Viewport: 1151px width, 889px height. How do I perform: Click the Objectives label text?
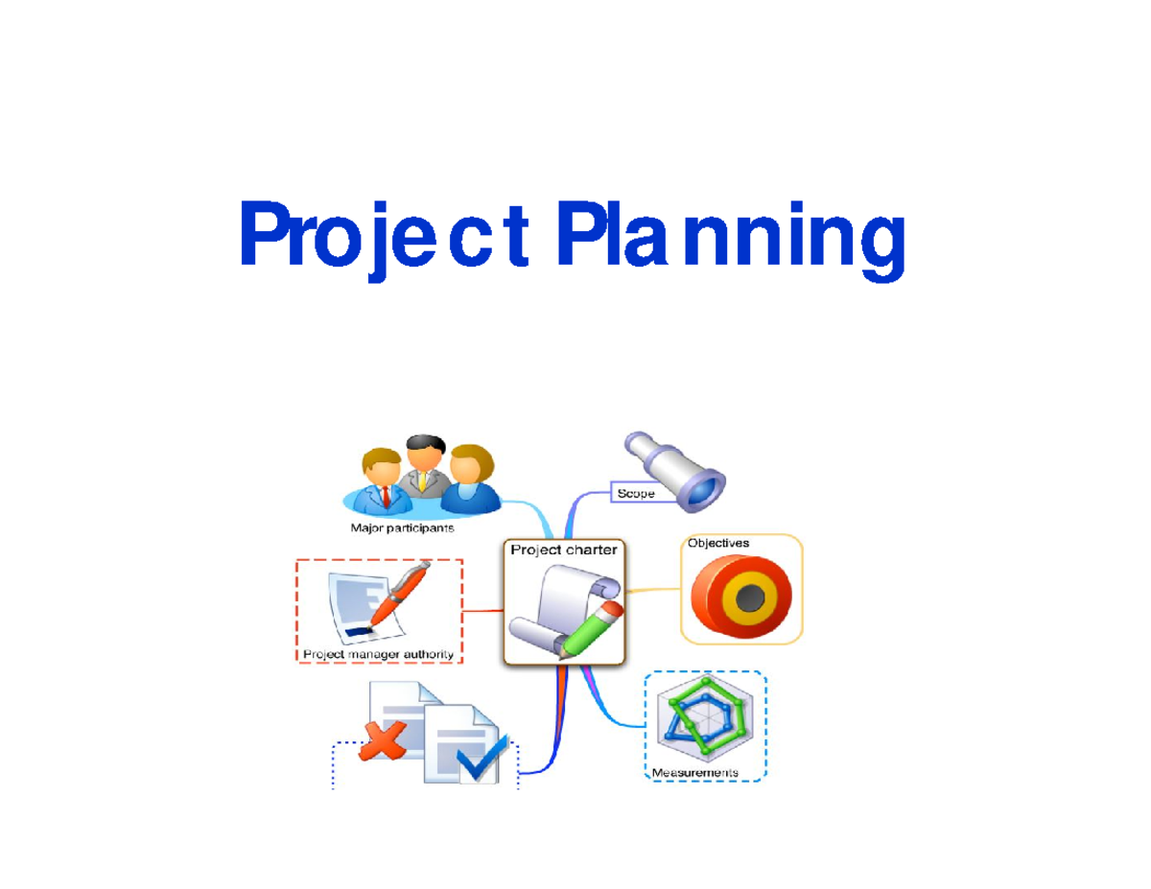[x=718, y=543]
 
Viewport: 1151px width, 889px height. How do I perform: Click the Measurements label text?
[x=695, y=772]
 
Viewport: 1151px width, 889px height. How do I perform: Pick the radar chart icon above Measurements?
[x=708, y=719]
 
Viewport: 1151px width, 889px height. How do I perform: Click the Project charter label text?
[x=564, y=550]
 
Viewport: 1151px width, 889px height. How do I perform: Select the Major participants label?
[x=403, y=527]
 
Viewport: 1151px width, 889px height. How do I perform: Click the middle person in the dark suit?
[x=423, y=465]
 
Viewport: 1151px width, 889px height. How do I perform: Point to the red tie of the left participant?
[x=386, y=496]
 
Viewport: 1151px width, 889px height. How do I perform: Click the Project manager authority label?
[x=378, y=655]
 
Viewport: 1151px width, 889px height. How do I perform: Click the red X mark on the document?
[x=381, y=741]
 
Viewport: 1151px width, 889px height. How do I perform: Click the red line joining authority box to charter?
[x=484, y=610]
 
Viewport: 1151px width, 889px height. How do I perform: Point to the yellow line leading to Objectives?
[x=652, y=591]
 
